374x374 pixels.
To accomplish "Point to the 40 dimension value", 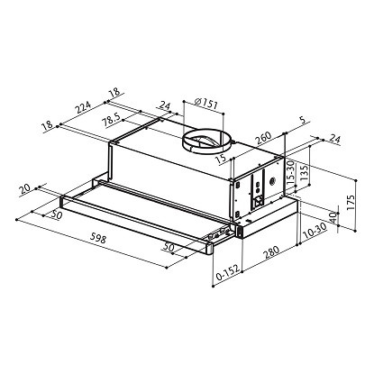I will [333, 217].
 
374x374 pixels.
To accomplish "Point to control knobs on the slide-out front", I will [217, 238].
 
